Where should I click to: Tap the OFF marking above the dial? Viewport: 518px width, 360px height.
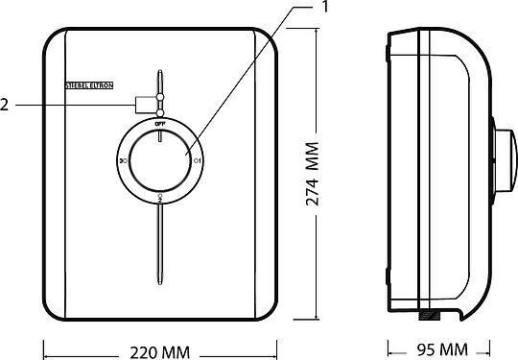(x=160, y=124)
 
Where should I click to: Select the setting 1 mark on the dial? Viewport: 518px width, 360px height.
(x=197, y=161)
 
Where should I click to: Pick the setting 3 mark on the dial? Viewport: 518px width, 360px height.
(x=124, y=161)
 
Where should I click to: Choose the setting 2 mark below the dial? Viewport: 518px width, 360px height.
(x=160, y=198)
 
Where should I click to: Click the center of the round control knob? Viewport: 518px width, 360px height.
(x=160, y=161)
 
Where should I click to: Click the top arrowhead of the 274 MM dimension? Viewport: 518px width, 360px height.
(x=318, y=31)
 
